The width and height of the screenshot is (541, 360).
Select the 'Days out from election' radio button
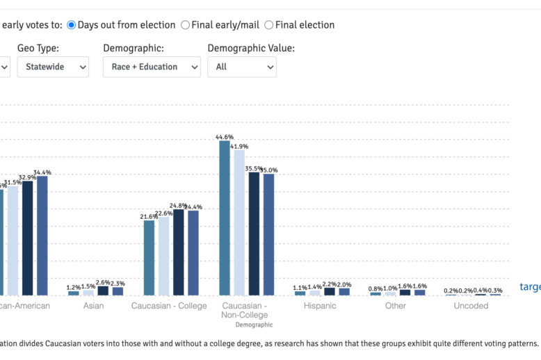[72, 25]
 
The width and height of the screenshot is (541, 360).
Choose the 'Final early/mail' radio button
[185, 25]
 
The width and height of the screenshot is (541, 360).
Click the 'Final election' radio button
[269, 25]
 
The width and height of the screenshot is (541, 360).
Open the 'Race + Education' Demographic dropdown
[151, 67]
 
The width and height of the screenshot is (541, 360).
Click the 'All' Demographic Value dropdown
[241, 67]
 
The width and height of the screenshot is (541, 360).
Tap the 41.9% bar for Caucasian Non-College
[239, 222]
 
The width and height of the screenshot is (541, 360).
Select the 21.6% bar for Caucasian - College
[150, 258]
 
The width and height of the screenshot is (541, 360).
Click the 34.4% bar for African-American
[42, 236]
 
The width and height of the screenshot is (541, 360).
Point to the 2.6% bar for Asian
[103, 291]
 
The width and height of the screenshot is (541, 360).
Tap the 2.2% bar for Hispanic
[330, 292]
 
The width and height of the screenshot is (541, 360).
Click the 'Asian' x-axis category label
[94, 306]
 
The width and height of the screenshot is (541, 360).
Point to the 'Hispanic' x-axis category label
[320, 306]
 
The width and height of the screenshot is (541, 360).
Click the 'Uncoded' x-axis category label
[471, 306]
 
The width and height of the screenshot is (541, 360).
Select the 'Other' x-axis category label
[396, 306]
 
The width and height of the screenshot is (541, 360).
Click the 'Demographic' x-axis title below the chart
[254, 325]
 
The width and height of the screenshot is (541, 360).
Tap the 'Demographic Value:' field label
[251, 48]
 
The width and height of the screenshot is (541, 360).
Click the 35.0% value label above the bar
[268, 170]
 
